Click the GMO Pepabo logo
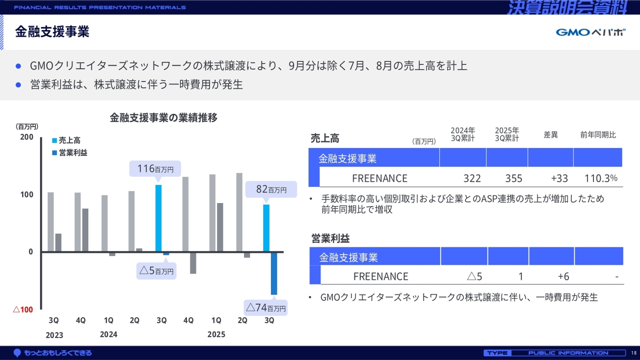click(590, 32)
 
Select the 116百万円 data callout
click(155, 169)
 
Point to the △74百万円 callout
click(266, 307)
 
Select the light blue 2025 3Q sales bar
click(266, 228)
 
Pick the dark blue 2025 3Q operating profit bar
click(273, 273)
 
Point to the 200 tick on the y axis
click(26, 137)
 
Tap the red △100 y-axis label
click(22, 309)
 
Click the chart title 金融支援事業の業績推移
click(163, 118)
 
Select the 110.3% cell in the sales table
click(600, 178)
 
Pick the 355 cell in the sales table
click(513, 178)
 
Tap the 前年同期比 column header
click(598, 135)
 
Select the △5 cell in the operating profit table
click(474, 276)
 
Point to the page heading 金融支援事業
click(52, 32)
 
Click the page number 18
click(633, 353)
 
